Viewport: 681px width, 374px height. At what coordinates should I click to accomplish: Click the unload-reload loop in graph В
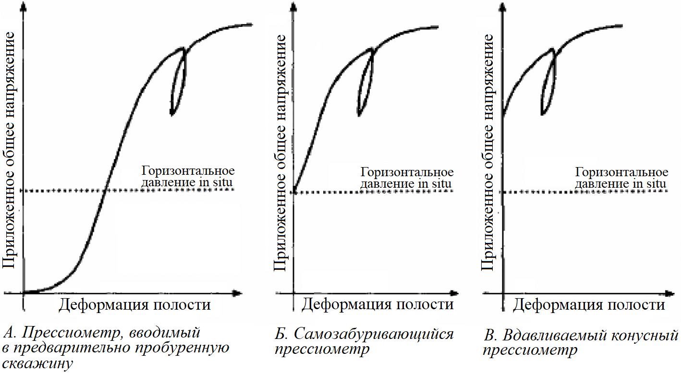point(548,83)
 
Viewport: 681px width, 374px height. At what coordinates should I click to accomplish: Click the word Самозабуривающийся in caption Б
point(374,334)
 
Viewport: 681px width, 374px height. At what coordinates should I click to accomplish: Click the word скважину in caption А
point(38,363)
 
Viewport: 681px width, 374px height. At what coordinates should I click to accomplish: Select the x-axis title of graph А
point(134,304)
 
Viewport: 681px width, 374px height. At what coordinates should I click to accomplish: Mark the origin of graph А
point(23,292)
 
